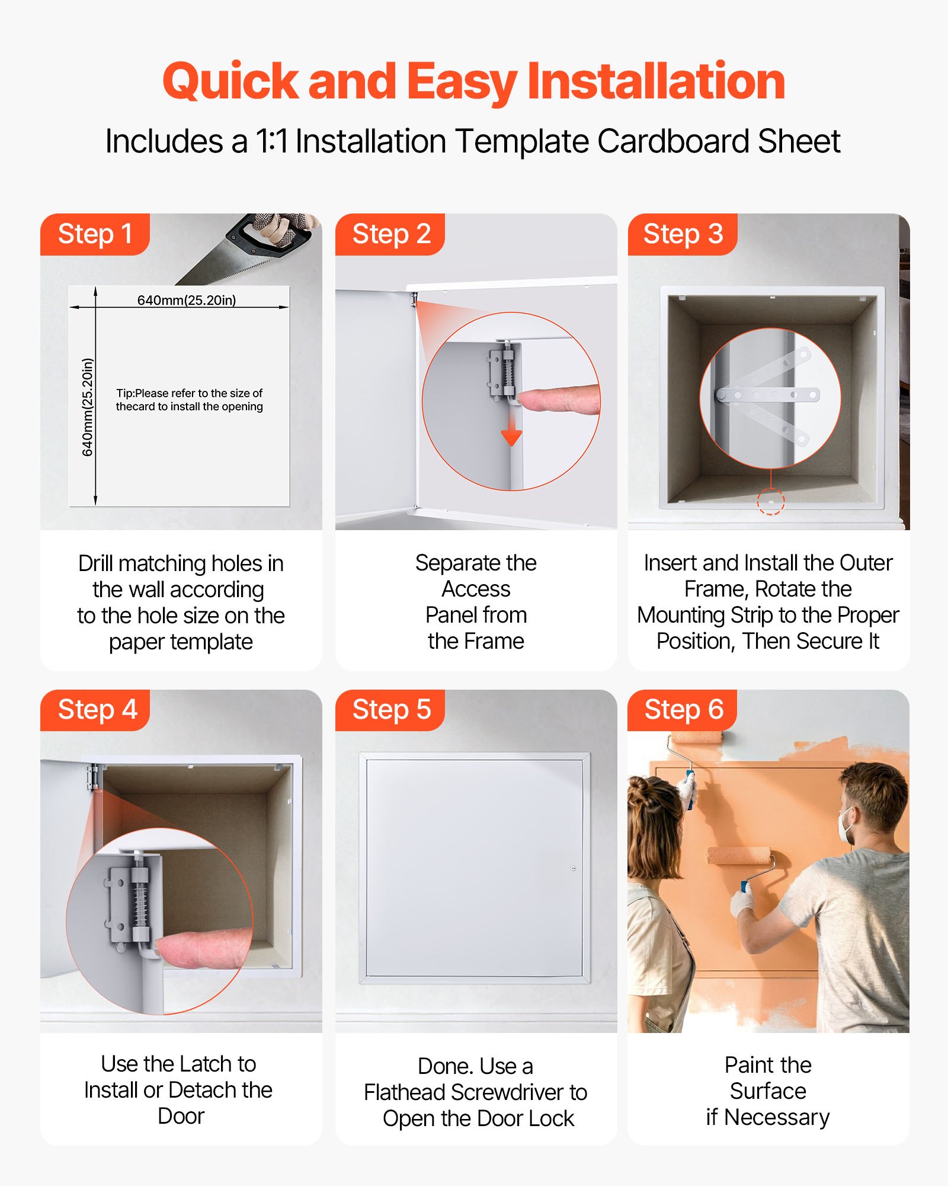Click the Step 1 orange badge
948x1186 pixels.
[95, 234]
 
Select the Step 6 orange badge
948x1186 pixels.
[683, 710]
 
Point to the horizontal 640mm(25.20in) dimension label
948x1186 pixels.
[187, 300]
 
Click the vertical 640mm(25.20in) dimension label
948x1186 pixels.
[87, 407]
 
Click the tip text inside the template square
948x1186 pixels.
[189, 400]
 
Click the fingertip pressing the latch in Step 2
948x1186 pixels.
[533, 399]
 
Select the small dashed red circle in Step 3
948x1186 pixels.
[771, 501]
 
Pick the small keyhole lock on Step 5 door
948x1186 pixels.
[573, 869]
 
